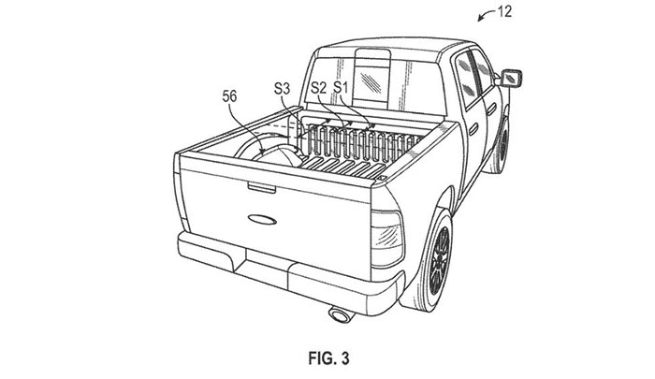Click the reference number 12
click(x=504, y=11)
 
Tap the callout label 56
click(x=229, y=97)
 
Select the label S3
click(x=282, y=89)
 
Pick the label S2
click(x=319, y=88)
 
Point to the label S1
click(x=341, y=88)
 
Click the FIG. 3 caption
click(x=328, y=358)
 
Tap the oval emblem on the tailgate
click(x=262, y=219)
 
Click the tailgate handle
click(x=261, y=187)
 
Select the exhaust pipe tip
click(x=340, y=314)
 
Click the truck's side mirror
click(x=511, y=79)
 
